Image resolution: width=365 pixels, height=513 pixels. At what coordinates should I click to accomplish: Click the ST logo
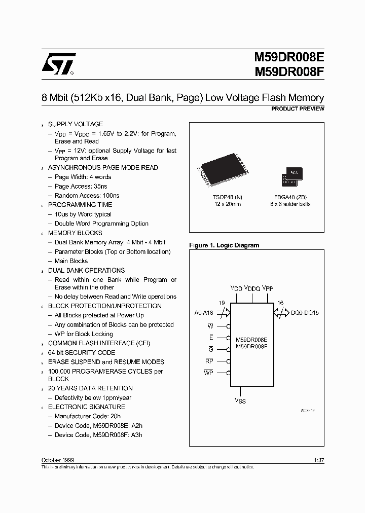tap(58, 64)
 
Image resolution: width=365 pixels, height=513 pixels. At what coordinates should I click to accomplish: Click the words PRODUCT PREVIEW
tap(298, 109)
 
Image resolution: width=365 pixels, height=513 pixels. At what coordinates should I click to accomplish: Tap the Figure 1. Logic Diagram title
tap(224, 245)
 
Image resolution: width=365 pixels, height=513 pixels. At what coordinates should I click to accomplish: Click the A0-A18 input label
tap(204, 313)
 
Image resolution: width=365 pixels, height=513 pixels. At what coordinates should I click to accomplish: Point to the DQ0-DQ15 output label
tap(305, 313)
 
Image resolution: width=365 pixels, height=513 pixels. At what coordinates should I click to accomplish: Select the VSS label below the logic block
tap(240, 400)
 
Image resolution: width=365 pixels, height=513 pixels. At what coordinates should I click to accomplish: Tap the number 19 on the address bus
tap(222, 303)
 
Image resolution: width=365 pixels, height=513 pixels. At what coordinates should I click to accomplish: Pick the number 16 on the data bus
tap(280, 303)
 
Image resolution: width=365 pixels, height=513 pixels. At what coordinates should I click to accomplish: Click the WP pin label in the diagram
tap(208, 373)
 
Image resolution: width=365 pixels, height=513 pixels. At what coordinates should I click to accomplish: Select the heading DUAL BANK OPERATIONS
tap(86, 271)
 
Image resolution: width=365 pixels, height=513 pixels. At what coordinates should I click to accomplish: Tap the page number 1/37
tap(319, 459)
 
